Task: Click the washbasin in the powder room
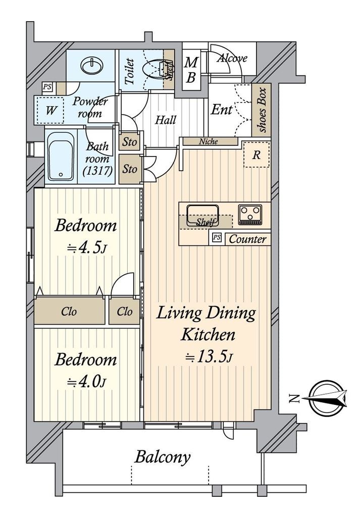pyautogui.click(x=91, y=65)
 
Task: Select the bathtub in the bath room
pyautogui.click(x=61, y=157)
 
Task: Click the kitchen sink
pyautogui.click(x=202, y=215)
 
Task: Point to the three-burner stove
pyautogui.click(x=250, y=215)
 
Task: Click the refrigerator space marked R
pyautogui.click(x=256, y=154)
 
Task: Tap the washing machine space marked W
pyautogui.click(x=50, y=111)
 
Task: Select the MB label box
pyautogui.click(x=191, y=70)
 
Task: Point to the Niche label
pyautogui.click(x=209, y=141)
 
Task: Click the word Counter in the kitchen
pyautogui.click(x=247, y=239)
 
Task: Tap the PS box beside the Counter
pyautogui.click(x=217, y=237)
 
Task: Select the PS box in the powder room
pyautogui.click(x=47, y=87)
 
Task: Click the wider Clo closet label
pyautogui.click(x=69, y=312)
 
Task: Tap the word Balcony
pyautogui.click(x=163, y=457)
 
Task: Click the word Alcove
pyautogui.click(x=232, y=59)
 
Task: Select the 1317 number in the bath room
pyautogui.click(x=98, y=171)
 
